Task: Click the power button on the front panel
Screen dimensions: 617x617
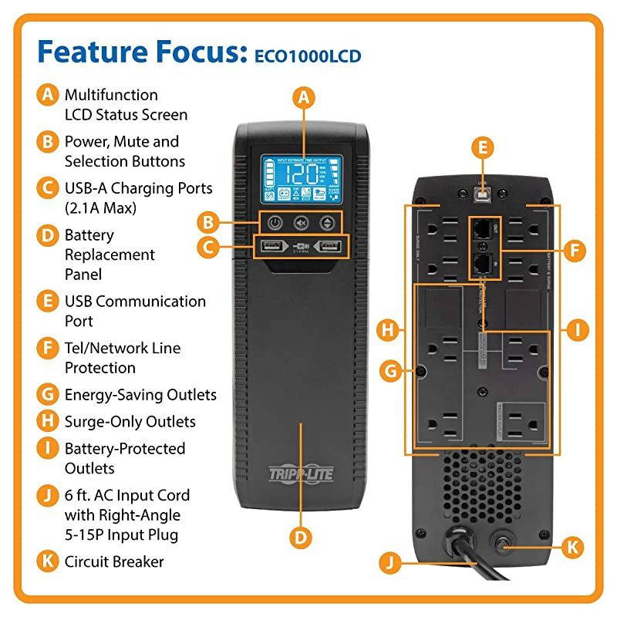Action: coord(275,222)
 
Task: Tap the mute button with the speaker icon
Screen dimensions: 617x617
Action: coord(302,222)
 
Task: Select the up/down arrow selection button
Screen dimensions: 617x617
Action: coord(329,222)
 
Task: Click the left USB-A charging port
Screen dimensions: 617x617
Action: coord(272,248)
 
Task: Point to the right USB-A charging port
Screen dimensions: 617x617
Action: coord(329,248)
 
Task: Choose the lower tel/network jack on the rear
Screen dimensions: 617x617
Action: coord(482,265)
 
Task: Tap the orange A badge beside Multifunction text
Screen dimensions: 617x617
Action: coord(48,95)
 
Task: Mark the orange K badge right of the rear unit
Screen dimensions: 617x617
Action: coord(571,548)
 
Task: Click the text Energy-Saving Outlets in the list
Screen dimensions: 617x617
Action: coord(140,395)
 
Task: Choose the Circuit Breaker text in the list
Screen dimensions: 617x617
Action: coord(114,561)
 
